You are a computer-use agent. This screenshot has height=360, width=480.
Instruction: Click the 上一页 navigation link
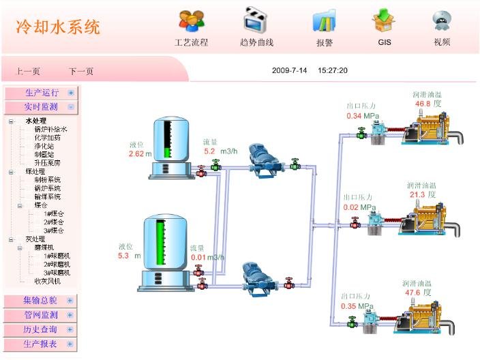click(x=28, y=71)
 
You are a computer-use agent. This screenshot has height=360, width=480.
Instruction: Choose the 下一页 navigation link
click(x=81, y=71)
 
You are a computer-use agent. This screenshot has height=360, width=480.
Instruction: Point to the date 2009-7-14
click(x=290, y=70)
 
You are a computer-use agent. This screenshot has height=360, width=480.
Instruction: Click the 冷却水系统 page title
click(x=58, y=27)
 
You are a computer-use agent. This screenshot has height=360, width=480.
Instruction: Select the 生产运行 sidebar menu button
click(x=42, y=93)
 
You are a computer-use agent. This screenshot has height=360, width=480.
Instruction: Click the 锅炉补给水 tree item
click(x=51, y=129)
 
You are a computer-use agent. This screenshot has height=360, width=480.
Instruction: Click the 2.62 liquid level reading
click(x=136, y=153)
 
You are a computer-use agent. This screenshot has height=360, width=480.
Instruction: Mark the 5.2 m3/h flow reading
click(x=210, y=151)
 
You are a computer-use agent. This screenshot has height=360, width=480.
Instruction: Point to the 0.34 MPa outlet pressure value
click(x=354, y=116)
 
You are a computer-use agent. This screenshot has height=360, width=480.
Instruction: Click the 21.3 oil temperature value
click(x=417, y=194)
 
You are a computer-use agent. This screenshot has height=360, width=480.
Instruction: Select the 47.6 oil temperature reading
click(x=413, y=292)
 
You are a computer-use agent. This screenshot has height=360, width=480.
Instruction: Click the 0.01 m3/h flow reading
click(x=198, y=257)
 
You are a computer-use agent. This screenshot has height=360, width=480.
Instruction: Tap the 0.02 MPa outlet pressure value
click(x=351, y=207)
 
